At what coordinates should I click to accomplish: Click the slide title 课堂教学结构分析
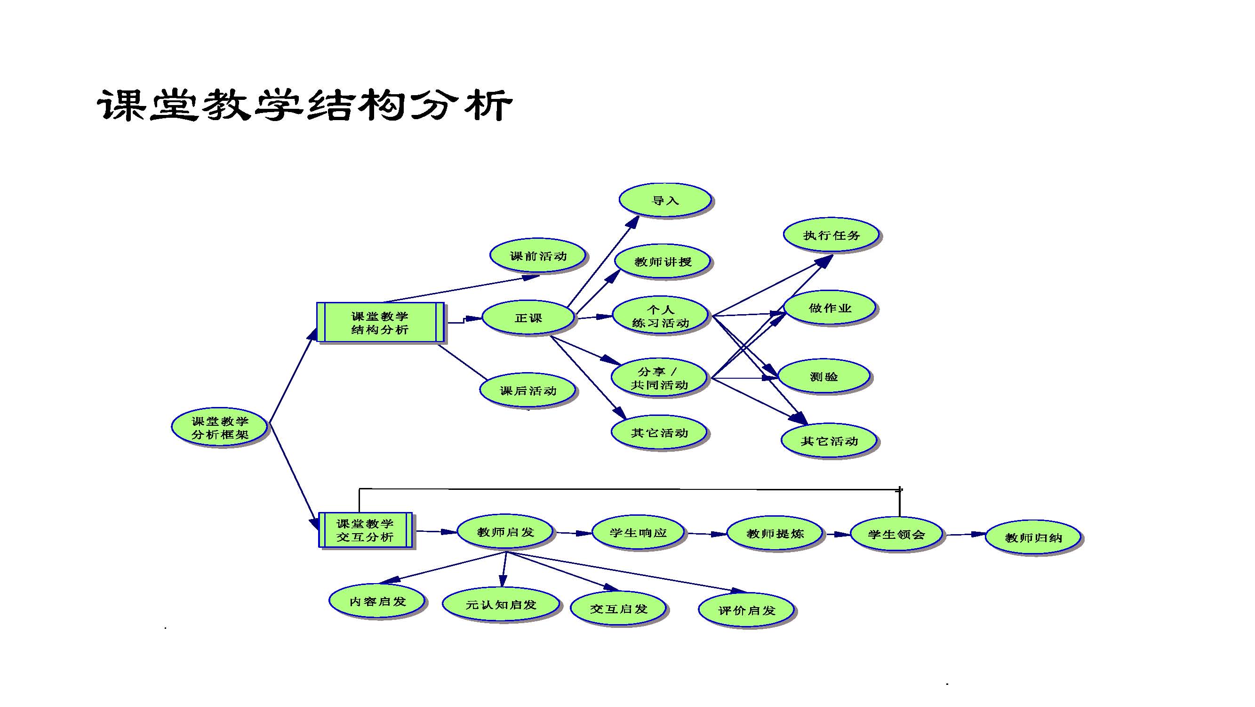point(304,105)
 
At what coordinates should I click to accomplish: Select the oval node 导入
point(665,200)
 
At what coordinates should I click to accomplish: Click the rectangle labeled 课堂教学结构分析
point(380,323)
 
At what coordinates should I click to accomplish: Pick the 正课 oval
point(528,318)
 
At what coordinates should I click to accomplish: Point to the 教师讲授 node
point(663,262)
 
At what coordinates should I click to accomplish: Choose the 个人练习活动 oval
point(660,316)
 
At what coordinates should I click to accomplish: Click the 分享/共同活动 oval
point(659,378)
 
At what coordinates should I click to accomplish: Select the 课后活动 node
point(528,390)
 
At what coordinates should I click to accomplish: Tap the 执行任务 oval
point(831,236)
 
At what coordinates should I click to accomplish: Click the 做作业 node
point(830,308)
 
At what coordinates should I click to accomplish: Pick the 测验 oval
point(824,376)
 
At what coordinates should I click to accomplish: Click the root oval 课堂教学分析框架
point(220,428)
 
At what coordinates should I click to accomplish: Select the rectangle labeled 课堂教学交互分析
point(365,530)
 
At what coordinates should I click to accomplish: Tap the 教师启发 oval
point(505,532)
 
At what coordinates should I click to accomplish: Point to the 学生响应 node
point(638,533)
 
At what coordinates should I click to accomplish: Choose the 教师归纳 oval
point(1033,538)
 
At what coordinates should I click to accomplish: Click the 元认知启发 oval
point(501,605)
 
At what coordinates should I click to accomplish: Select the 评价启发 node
point(746,610)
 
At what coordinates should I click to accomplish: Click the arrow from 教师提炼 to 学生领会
point(838,535)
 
